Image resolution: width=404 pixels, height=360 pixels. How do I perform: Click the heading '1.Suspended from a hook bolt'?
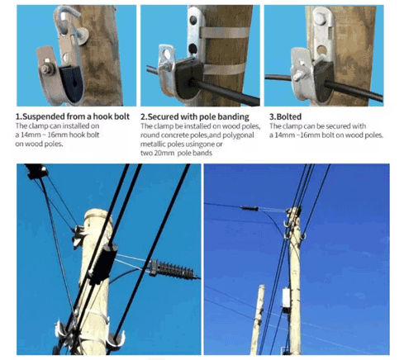73,116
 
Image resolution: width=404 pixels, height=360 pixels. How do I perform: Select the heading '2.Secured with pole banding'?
195,116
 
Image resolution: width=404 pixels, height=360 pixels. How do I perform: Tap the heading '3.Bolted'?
285,116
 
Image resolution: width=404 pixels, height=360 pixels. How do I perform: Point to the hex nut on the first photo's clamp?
47,69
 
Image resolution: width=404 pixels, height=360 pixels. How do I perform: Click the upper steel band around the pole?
224,33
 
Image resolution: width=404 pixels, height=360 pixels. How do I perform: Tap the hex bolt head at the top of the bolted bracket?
320,19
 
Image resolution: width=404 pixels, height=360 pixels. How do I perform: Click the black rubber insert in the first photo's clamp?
71,83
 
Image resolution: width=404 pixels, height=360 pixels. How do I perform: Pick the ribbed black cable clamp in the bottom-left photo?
171,270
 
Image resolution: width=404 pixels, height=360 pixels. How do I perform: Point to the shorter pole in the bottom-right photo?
258,320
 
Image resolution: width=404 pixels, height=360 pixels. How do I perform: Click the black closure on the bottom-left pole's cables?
103,263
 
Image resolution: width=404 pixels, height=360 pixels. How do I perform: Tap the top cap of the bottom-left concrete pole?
97,215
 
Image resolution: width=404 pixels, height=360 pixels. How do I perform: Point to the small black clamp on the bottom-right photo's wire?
250,208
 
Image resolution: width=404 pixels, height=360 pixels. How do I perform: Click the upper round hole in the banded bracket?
193,20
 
